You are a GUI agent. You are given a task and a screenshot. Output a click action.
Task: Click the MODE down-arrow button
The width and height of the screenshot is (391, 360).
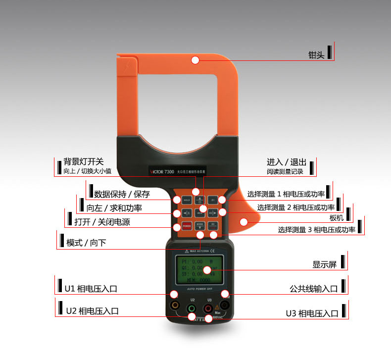[200, 225]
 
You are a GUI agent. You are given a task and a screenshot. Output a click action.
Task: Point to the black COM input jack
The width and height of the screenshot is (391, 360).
[225, 306]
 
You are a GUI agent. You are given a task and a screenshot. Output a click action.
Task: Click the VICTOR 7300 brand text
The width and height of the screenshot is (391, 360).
[162, 172]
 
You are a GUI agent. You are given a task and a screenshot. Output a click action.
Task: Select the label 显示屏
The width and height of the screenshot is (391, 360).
[324, 265]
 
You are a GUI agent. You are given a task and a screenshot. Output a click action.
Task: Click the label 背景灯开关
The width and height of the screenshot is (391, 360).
[84, 162]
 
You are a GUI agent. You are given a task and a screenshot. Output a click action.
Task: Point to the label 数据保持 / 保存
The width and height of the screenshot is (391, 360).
[122, 194]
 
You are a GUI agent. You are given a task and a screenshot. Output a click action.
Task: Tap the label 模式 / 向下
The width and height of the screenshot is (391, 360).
[86, 243]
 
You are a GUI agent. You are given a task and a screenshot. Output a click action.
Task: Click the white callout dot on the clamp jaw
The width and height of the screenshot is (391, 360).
[195, 60]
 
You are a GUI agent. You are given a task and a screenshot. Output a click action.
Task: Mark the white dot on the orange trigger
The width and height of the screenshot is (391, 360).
[244, 222]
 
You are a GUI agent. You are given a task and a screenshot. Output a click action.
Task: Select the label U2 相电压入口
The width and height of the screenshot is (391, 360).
[92, 311]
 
